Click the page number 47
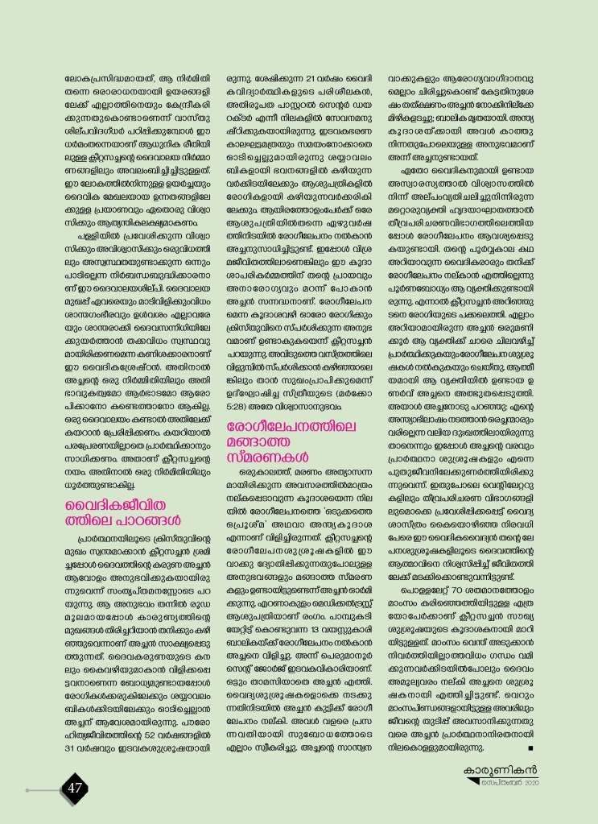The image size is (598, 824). click(75, 786)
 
